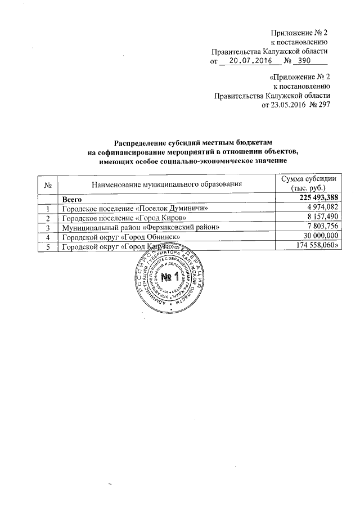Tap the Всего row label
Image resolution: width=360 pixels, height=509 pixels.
coord(73,199)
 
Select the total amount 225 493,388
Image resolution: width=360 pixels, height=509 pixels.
coord(312,199)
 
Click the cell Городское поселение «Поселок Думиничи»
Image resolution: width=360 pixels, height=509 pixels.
coord(130,208)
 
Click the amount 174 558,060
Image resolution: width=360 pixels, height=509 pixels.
coord(316,246)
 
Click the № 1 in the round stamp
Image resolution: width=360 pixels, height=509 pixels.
coord(169,278)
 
